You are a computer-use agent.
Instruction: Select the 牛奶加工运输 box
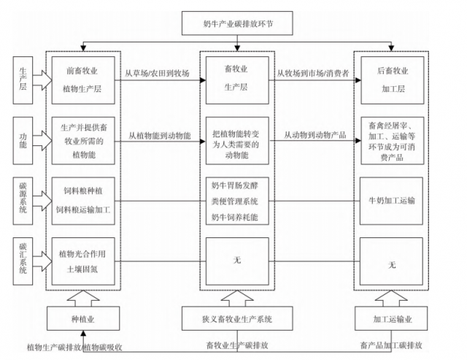pos(391,199)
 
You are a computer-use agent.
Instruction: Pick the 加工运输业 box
pos(391,318)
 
